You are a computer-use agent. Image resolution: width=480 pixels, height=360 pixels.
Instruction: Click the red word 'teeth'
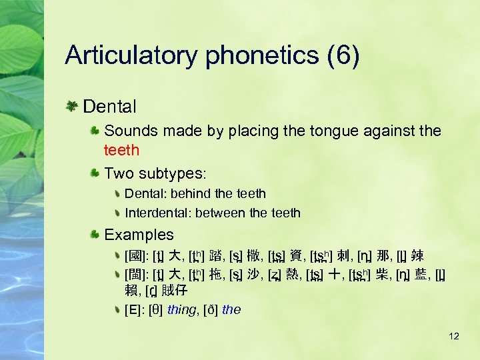coord(122,151)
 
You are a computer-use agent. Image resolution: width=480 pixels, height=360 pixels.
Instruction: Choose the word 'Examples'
coord(139,235)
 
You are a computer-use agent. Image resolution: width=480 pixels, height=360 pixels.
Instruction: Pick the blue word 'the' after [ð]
coord(231,310)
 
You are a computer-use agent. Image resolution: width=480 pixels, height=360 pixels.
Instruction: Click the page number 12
coord(454,336)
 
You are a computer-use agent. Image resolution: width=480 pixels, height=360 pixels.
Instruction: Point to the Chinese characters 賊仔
coord(175,291)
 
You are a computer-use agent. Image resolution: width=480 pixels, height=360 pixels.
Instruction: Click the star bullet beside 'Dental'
coord(71,106)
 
